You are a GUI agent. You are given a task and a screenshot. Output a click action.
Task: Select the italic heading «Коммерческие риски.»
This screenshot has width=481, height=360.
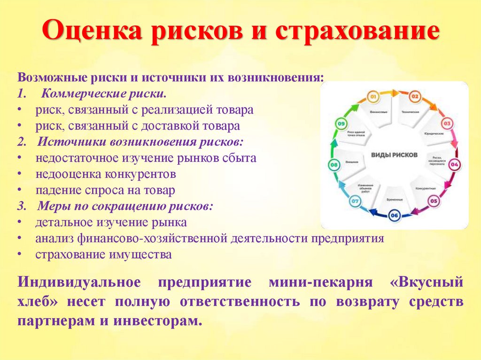[103, 93]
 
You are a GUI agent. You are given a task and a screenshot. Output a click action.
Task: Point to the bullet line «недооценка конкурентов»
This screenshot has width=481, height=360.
[106, 174]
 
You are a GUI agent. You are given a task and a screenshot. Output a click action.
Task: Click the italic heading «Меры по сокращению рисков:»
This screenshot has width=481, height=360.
[125, 206]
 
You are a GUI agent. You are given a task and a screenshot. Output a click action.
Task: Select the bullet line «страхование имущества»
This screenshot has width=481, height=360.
[103, 254]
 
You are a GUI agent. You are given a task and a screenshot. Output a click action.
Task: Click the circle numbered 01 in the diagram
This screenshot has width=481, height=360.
[373, 97]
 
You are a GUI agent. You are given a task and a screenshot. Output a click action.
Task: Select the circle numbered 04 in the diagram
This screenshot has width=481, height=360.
[455, 165]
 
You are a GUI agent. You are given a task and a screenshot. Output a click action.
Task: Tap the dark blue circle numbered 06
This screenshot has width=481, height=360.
[394, 215]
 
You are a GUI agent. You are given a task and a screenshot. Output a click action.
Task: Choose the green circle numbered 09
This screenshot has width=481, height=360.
[341, 124]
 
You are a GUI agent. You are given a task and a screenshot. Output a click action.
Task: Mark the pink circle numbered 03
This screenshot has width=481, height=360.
[448, 124]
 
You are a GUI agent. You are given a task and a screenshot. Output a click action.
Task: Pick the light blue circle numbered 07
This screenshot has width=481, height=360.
[355, 202]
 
